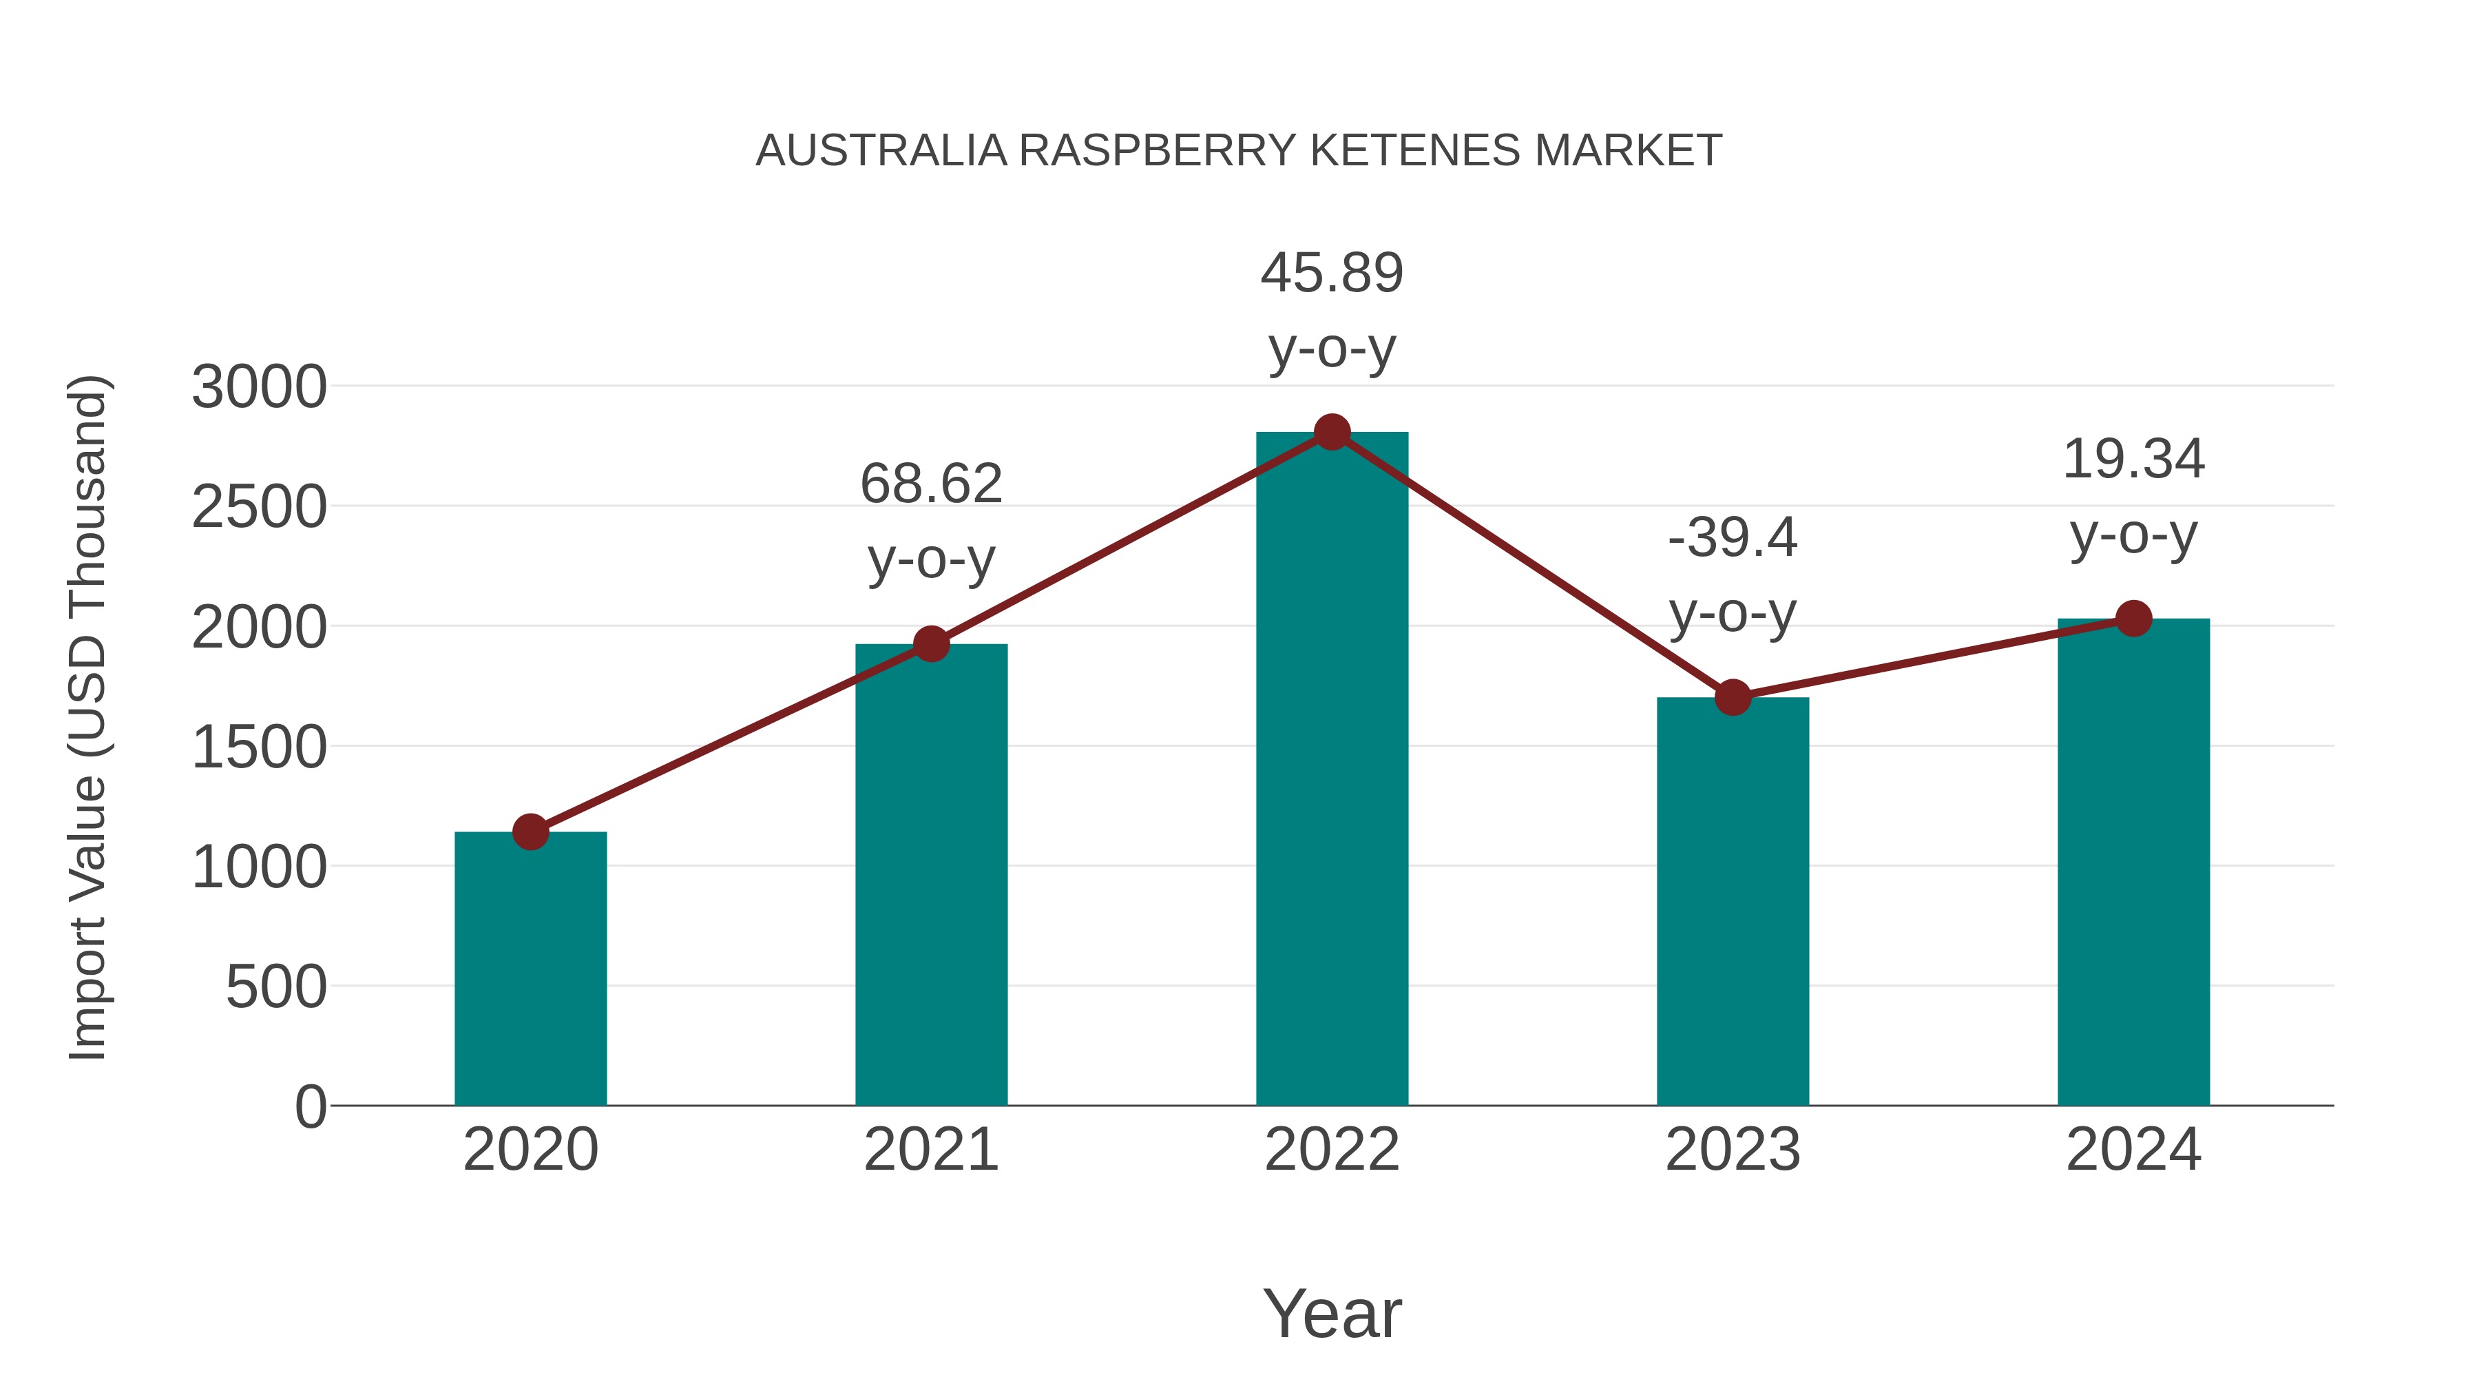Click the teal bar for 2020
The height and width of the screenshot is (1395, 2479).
click(530, 968)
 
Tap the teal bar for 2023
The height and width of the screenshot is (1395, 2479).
click(1733, 901)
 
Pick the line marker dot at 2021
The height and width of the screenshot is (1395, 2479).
click(930, 644)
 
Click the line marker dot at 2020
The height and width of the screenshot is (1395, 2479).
click(530, 831)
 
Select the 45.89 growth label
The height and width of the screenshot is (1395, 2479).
click(1332, 310)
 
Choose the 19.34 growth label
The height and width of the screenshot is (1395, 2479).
click(2133, 496)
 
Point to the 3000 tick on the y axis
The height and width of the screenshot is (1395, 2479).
click(259, 388)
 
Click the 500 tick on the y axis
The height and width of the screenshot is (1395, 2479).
click(275, 988)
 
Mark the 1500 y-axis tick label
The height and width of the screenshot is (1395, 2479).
click(259, 748)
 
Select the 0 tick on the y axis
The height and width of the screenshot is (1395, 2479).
click(310, 1107)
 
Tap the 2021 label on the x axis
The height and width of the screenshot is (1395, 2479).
click(930, 1150)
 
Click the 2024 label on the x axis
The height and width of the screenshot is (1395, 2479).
click(2133, 1150)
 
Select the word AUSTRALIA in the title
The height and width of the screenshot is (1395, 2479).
click(881, 151)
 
